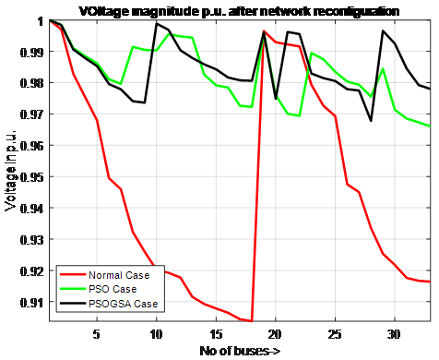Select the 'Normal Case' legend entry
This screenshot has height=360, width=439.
pyautogui.click(x=120, y=275)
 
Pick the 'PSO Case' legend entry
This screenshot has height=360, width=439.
pyautogui.click(x=113, y=289)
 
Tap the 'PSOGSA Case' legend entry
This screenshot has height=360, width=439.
pyautogui.click(x=123, y=303)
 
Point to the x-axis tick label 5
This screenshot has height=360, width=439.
pyautogui.click(x=96, y=332)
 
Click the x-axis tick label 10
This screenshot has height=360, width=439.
pyautogui.click(x=156, y=332)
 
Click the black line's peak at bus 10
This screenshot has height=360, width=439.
pyautogui.click(x=156, y=24)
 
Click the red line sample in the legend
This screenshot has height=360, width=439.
pyautogui.click(x=72, y=275)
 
